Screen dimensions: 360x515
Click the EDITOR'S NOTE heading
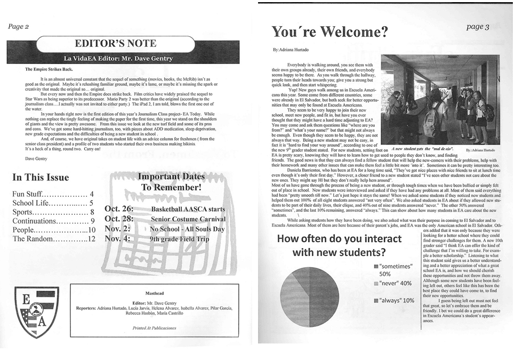tap(116, 43)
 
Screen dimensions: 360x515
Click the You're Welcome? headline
tap(330, 33)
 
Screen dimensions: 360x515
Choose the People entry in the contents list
tap(53, 230)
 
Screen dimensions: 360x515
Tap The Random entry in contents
tap(53, 239)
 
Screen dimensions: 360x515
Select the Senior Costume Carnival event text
tap(188, 219)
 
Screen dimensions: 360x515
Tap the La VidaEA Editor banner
tap(116, 57)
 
